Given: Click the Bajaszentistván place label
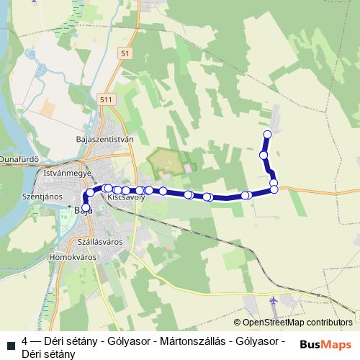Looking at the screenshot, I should click(105, 139).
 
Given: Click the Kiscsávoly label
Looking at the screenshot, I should click(126, 197).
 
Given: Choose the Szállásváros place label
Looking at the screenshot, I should click(102, 242).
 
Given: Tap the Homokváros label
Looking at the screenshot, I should click(71, 256).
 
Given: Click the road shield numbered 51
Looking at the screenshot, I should click(126, 54).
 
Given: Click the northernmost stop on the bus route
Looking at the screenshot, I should click(268, 134).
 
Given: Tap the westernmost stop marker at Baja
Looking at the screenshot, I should click(86, 208).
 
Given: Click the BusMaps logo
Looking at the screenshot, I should click(326, 343).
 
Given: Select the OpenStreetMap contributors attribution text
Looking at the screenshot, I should click(293, 323).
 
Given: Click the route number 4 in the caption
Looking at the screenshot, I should click(25, 341).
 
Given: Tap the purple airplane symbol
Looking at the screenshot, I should click(273, 299).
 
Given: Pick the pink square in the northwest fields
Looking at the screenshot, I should click(48, 108).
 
